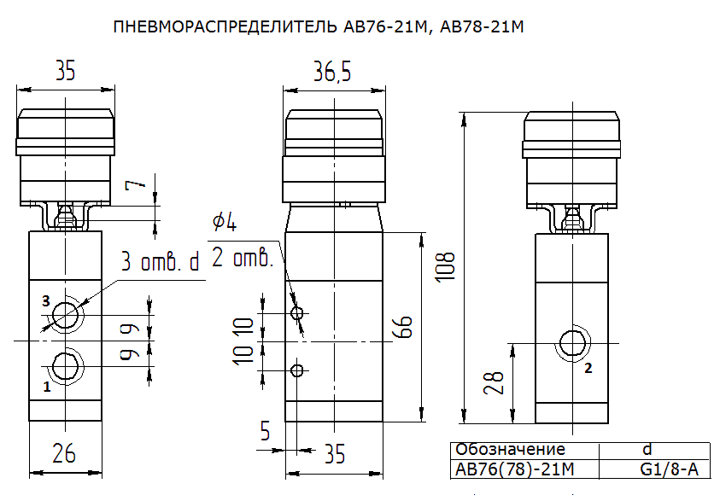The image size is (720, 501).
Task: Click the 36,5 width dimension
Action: (x=332, y=72)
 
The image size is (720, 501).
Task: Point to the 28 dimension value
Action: (x=494, y=382)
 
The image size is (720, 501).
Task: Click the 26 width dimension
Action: (x=64, y=453)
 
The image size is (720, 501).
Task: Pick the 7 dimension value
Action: (x=136, y=184)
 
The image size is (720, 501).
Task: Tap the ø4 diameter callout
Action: (x=225, y=222)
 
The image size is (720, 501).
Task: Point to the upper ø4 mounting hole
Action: (x=297, y=313)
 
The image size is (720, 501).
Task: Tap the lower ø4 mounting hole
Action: (x=297, y=370)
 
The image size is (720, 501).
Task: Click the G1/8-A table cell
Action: (x=669, y=469)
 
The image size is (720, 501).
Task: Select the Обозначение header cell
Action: (x=510, y=449)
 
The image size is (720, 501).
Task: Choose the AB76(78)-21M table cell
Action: (x=515, y=469)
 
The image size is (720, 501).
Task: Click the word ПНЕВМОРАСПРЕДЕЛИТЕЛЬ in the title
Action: (x=225, y=27)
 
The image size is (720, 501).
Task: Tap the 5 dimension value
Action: (x=265, y=431)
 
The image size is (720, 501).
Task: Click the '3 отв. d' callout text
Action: (x=161, y=261)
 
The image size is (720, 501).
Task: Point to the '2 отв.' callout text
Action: (x=242, y=258)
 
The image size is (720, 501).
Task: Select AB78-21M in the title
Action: (x=482, y=27)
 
